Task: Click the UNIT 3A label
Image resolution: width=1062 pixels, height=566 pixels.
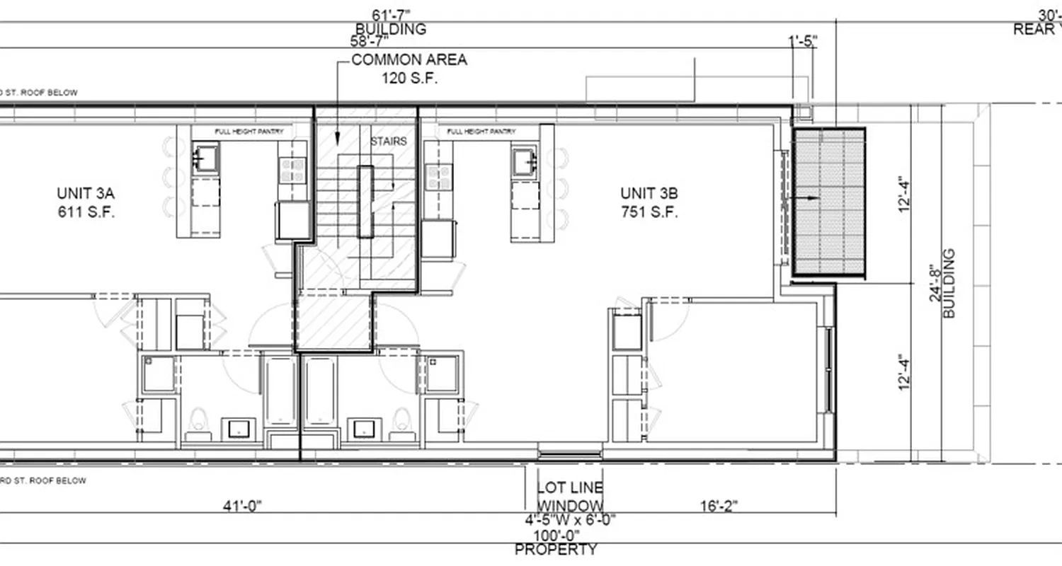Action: tap(85, 193)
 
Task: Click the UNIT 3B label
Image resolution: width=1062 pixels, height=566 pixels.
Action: tap(649, 193)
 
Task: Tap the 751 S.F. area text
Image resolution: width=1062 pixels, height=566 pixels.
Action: tap(649, 212)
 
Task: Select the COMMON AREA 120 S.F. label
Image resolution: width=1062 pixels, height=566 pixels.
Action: tap(409, 69)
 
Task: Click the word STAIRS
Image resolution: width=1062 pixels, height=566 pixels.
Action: tap(389, 141)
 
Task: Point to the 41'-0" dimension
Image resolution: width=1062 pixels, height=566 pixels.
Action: tap(241, 506)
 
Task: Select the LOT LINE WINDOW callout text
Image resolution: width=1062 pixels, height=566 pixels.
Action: tap(571, 497)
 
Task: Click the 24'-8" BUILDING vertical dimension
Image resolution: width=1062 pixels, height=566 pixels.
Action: tap(942, 283)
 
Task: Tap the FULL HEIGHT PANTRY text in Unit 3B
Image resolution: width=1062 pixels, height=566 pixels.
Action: tap(481, 132)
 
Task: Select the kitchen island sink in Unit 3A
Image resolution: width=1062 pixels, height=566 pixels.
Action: tap(206, 157)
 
